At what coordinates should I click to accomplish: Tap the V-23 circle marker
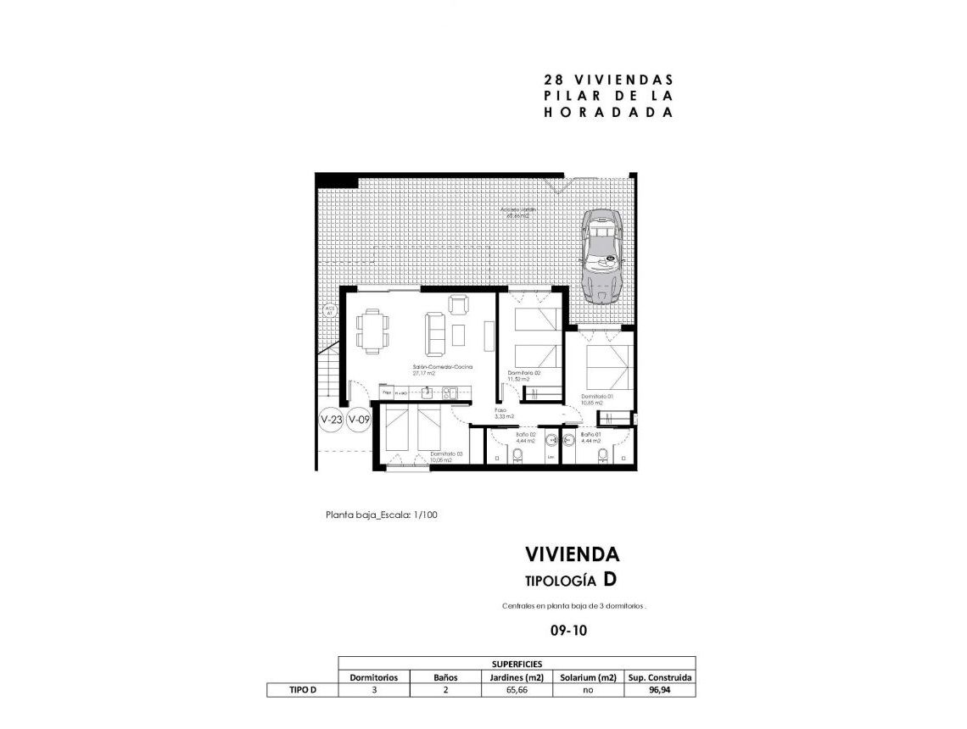click(331, 420)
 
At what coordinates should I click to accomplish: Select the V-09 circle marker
click(360, 420)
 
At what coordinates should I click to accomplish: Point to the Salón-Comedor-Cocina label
click(442, 368)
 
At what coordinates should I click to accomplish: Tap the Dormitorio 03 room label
click(446, 456)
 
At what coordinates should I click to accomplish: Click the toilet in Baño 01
click(603, 457)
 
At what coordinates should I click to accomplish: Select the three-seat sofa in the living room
click(435, 332)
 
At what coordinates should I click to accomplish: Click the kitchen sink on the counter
click(452, 392)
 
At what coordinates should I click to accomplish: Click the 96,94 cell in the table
click(660, 691)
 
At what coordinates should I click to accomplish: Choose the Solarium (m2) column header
click(588, 677)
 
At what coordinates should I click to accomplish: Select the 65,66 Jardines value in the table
click(516, 691)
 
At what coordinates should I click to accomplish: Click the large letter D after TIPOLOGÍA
click(610, 580)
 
